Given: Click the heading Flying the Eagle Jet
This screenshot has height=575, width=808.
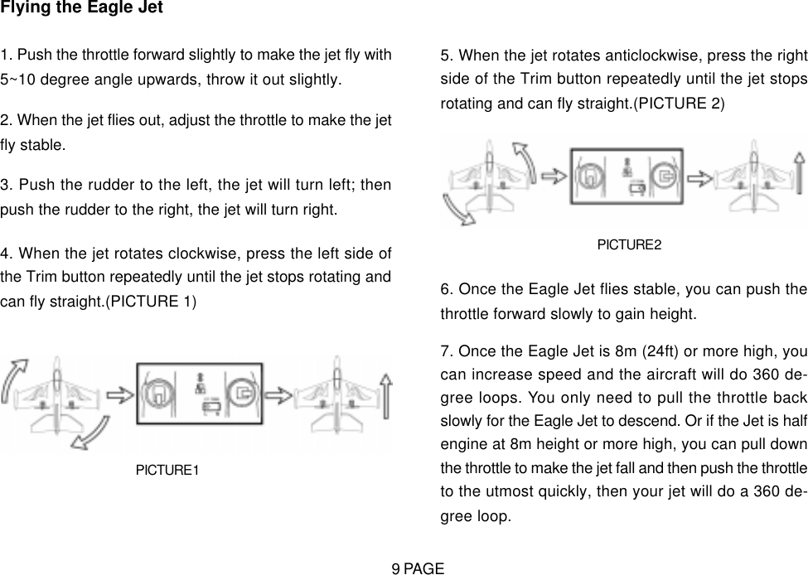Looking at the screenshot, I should coord(81,9).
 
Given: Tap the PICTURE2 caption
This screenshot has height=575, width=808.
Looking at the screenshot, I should coord(630,244).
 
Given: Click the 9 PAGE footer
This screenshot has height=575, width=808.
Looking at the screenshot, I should coord(419,568).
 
